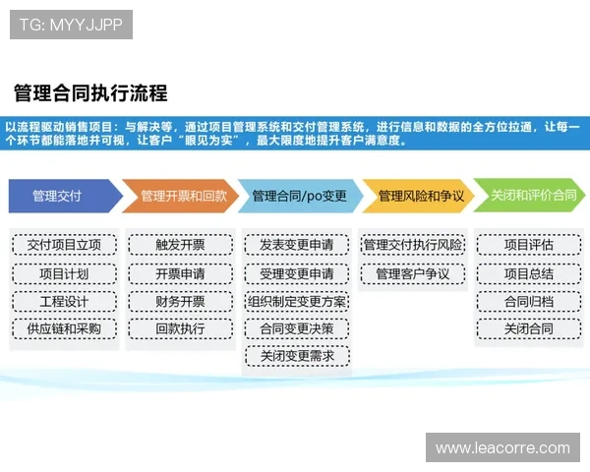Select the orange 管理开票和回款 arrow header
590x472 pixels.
tap(184, 196)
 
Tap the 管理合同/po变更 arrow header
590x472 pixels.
tap(299, 196)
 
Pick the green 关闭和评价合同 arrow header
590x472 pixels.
tap(532, 196)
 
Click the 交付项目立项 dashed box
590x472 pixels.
tap(65, 245)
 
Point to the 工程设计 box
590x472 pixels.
tap(65, 301)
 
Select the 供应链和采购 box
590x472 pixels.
tap(65, 328)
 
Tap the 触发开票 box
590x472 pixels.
tap(181, 245)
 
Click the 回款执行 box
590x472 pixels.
tap(181, 328)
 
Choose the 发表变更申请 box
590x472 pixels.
tap(297, 245)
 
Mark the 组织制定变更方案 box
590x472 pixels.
tap(297, 301)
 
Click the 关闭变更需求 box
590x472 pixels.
tap(297, 356)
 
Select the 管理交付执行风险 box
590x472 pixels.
tap(413, 245)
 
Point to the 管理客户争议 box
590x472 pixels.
tap(413, 273)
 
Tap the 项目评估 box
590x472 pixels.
tap(528, 245)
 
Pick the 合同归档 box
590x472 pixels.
tap(528, 301)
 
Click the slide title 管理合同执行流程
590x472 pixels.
tap(90, 94)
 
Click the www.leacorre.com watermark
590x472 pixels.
tap(502, 447)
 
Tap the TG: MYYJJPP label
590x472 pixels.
tap(71, 24)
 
